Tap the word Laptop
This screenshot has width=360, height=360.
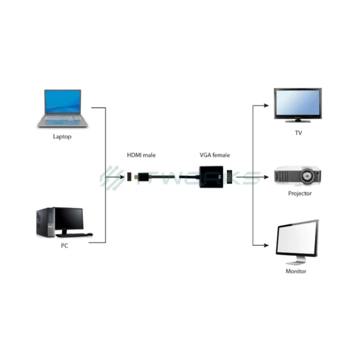click(x=62, y=137)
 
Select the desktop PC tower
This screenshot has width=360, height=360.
click(x=44, y=221)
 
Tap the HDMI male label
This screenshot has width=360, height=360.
click(x=141, y=155)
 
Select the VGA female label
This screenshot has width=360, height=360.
click(x=215, y=155)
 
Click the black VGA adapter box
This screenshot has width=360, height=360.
click(x=211, y=178)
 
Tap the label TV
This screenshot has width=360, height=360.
click(x=298, y=133)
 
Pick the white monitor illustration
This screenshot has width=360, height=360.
click(x=296, y=240)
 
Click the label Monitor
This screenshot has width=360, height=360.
click(x=296, y=271)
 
